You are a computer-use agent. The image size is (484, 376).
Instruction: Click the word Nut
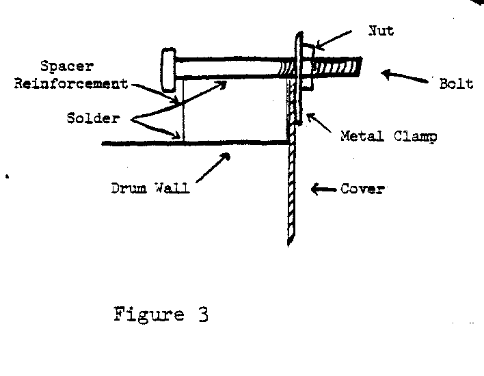tap(380, 31)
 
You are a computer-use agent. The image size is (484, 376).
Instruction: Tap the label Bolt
tap(456, 85)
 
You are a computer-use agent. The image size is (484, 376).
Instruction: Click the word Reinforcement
tap(85, 84)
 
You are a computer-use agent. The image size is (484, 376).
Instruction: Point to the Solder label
tap(94, 118)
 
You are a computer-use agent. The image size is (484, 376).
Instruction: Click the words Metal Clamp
tap(389, 136)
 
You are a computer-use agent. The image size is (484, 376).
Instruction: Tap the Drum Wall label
tap(150, 188)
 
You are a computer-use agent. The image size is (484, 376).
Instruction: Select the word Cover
tap(362, 189)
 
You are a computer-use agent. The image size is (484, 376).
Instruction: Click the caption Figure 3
tap(161, 315)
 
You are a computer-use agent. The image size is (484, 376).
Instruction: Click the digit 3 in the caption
tap(202, 315)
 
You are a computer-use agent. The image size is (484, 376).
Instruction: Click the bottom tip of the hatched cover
tap(291, 241)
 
